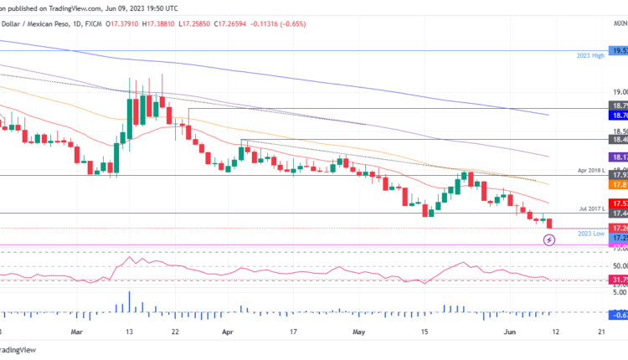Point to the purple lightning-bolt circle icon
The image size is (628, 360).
(x=549, y=239)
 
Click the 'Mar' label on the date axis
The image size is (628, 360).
(x=78, y=332)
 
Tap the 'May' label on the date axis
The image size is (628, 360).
(x=359, y=332)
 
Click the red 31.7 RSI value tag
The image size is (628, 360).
(x=619, y=280)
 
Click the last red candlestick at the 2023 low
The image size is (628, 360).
(x=549, y=223)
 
